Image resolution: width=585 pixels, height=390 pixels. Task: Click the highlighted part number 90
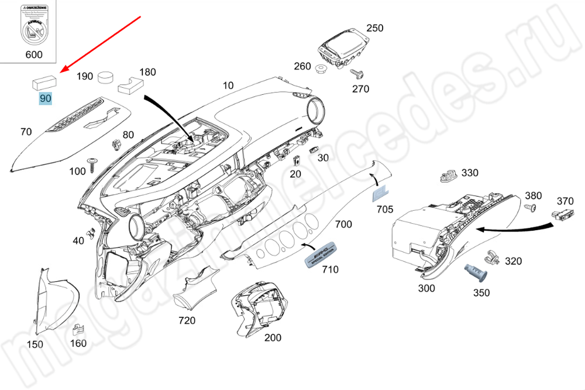click(45, 98)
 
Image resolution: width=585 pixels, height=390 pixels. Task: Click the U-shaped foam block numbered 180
click(131, 85)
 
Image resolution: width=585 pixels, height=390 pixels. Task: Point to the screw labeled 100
click(92, 163)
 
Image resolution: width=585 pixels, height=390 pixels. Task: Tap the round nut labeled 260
click(320, 70)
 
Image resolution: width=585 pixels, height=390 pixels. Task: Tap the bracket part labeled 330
click(449, 175)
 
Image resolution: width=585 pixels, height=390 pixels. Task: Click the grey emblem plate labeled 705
click(380, 194)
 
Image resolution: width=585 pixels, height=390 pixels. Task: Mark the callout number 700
click(343, 224)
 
